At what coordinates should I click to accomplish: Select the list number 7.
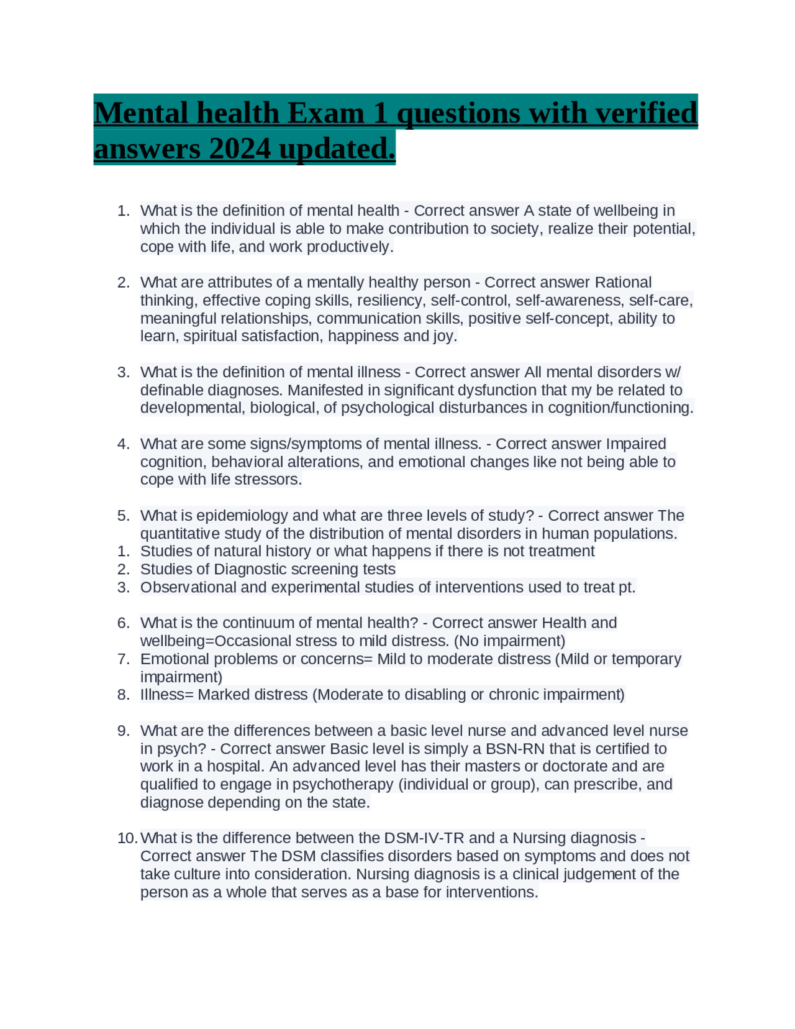(123, 659)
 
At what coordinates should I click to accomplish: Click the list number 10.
(127, 838)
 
